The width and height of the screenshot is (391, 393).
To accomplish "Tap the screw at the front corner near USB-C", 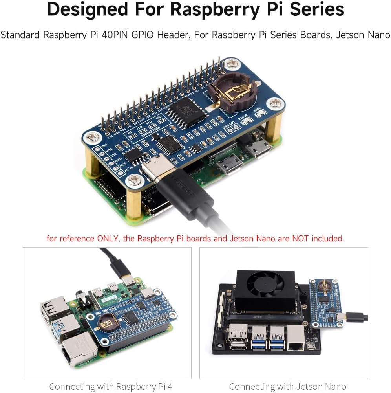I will (x=135, y=180).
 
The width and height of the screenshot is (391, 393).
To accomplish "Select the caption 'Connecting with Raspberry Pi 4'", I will (x=111, y=386).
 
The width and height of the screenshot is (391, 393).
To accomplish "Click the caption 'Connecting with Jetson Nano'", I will (x=287, y=386).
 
